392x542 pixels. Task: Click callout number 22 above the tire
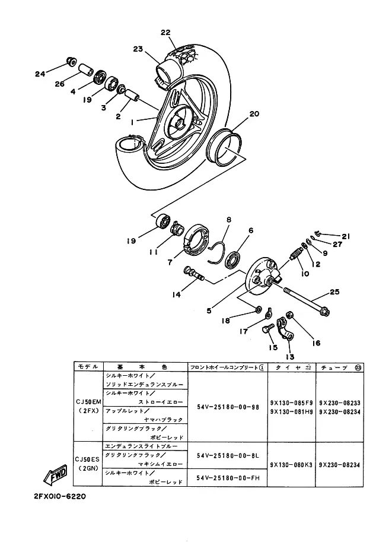coord(165,32)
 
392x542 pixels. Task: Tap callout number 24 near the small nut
coord(40,74)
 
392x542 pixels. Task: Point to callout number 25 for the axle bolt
coord(334,292)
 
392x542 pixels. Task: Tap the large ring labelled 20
coord(226,146)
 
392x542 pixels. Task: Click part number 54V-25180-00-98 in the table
coord(228,407)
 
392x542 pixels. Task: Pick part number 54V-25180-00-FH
coord(228,477)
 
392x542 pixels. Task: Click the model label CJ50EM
coord(88,402)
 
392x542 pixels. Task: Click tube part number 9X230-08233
coord(339,402)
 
